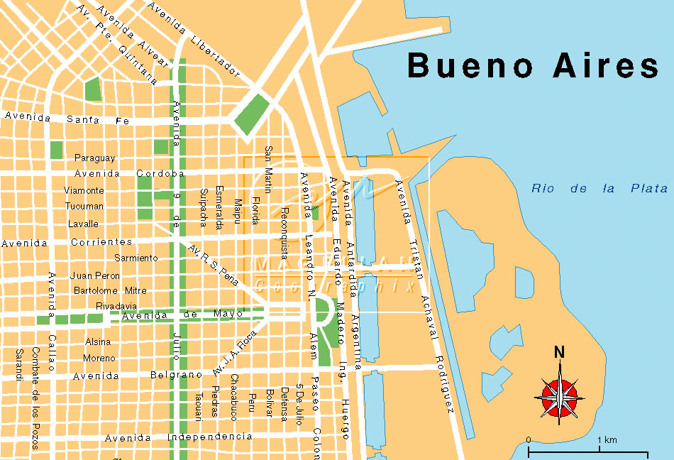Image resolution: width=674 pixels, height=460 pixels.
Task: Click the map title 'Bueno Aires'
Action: [x=533, y=66]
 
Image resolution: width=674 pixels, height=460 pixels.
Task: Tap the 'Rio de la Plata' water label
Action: [x=600, y=189]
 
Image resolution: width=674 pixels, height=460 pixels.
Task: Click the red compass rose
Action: [x=560, y=391]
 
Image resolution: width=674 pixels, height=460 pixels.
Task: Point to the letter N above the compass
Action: [x=559, y=352]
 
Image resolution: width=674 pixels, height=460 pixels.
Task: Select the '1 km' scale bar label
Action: [x=607, y=440]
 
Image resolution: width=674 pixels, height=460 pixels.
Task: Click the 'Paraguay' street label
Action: [x=95, y=158]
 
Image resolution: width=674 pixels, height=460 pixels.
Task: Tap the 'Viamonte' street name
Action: [x=84, y=190]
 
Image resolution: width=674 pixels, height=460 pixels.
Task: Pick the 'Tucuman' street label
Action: [x=84, y=207]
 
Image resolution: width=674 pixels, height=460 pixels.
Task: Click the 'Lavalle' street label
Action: [x=83, y=224]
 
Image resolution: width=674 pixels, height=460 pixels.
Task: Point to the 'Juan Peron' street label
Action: [x=95, y=275]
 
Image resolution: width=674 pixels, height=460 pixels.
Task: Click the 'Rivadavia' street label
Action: [x=116, y=306]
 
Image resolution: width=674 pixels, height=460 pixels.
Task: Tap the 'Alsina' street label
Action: [x=98, y=341]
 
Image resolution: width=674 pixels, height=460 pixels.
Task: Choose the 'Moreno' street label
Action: [x=99, y=358]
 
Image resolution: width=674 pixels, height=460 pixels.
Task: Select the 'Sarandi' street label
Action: [x=18, y=364]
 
